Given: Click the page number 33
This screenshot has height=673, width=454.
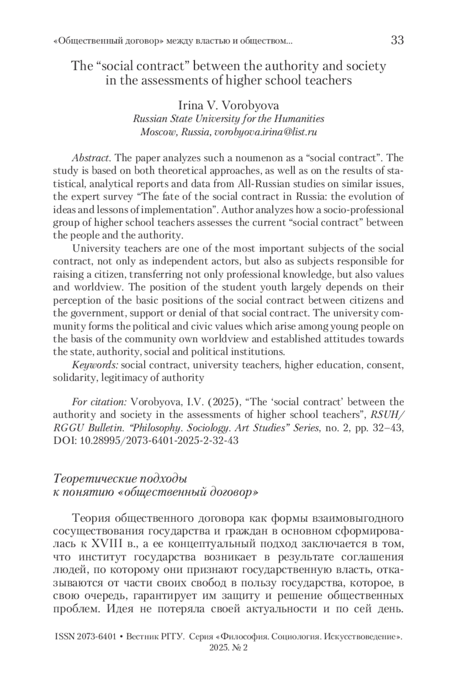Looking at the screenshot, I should coord(397,40).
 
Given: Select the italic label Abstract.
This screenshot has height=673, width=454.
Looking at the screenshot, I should coord(91,157).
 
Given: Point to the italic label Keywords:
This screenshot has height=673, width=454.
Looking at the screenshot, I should coord(95,365).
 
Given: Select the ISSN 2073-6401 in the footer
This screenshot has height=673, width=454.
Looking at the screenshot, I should coord(86,637).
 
